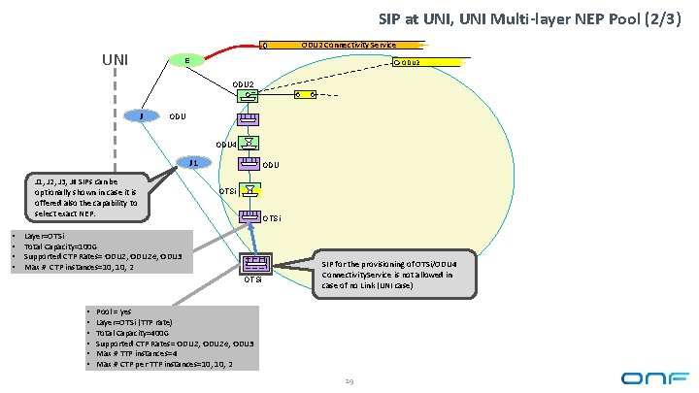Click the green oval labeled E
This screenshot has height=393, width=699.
186,61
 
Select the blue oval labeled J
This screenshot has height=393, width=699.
142,116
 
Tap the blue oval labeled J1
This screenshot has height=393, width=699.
194,163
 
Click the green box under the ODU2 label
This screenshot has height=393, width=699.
249,97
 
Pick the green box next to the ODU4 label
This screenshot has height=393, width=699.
249,142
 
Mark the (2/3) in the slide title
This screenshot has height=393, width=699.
660,18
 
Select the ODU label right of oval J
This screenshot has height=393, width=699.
178,117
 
